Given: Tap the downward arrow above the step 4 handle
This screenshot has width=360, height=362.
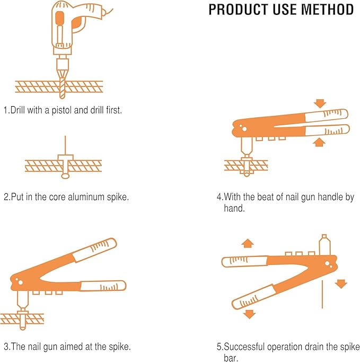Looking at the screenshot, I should click(319, 102).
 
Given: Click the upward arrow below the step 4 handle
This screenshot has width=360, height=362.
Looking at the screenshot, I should click(319, 142).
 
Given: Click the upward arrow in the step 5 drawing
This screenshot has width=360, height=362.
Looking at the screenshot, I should click(247, 243).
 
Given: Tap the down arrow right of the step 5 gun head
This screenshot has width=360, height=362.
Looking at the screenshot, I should click(341, 283).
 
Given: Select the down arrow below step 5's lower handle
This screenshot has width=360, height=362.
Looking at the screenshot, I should click(248, 314).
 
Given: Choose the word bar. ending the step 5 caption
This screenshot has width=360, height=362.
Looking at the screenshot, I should click(231, 358).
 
